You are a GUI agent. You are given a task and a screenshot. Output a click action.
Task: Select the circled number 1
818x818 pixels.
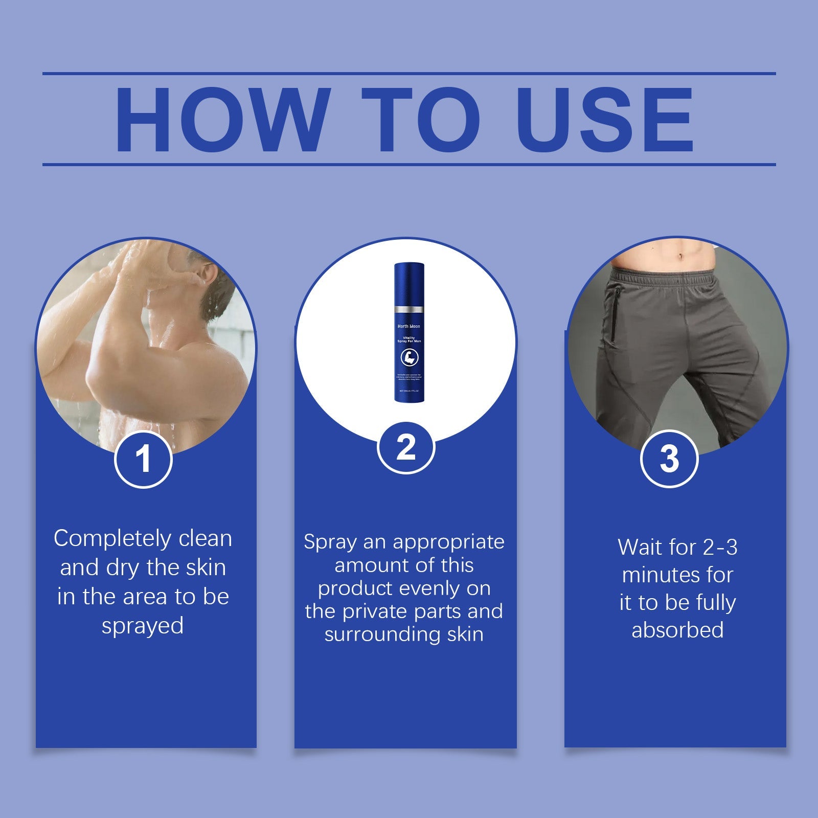point(143,459)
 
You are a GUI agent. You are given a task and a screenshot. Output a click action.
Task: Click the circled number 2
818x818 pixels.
point(406,448)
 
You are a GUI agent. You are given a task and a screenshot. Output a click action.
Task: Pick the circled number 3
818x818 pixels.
point(669,458)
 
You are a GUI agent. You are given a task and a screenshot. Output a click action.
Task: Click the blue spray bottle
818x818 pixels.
point(408,332)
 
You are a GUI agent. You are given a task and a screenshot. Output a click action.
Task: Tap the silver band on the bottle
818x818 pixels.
point(408,310)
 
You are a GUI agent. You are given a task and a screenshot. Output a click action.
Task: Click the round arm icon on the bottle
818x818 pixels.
point(408,358)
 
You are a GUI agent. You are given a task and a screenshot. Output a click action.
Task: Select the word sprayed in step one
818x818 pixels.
point(143,626)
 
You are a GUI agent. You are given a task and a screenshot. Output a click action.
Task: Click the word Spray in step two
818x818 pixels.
point(330,542)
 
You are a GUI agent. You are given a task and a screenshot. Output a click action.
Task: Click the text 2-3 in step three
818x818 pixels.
point(720,548)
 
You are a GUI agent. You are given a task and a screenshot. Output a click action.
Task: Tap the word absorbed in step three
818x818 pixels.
point(677,630)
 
